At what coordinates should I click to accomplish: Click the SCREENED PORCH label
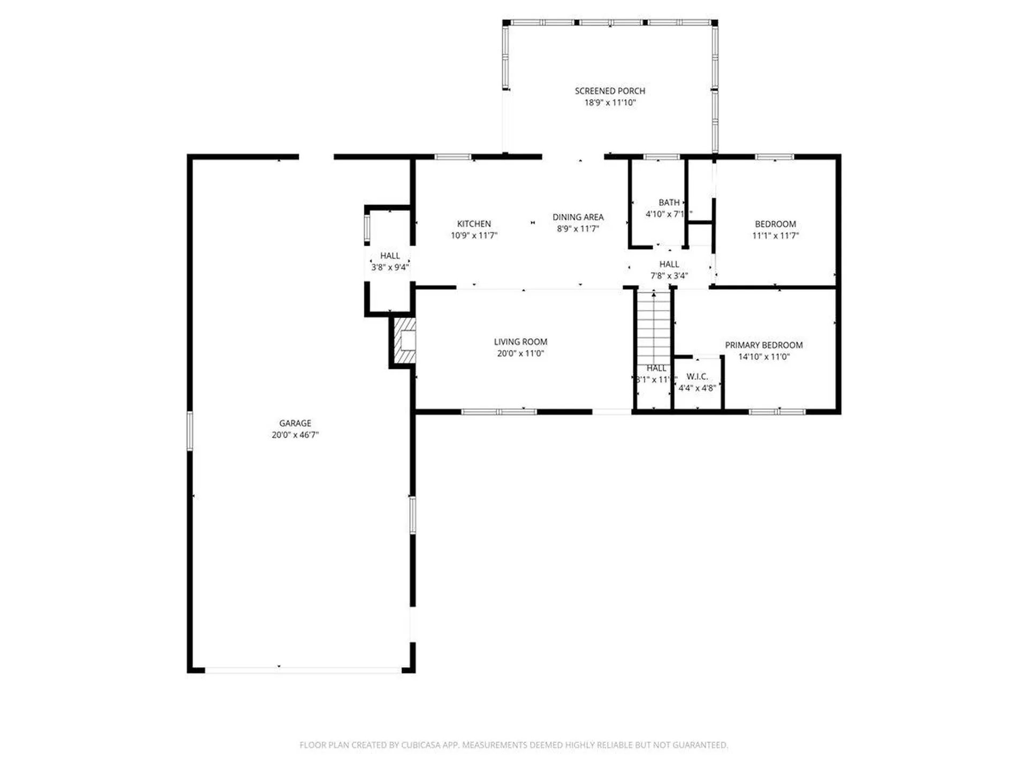pos(610,91)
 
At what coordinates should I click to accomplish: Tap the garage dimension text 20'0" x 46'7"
pos(295,435)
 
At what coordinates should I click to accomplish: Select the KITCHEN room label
pos(474,224)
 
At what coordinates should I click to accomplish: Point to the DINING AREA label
pos(578,217)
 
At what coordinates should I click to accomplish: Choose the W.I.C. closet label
pos(697,376)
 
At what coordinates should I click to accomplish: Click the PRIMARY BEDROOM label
pos(764,345)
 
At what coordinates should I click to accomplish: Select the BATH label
pos(669,202)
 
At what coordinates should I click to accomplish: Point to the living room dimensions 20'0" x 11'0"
pos(520,353)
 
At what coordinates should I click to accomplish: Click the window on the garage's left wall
pos(190,430)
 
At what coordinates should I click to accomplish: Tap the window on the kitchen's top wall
pos(452,157)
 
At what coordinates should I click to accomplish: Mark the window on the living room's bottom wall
pos(498,412)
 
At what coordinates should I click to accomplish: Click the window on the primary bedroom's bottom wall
pos(777,412)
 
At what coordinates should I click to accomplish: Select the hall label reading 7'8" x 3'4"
pos(669,276)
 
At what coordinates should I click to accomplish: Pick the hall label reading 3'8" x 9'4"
pos(390,267)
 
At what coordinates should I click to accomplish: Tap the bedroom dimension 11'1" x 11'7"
pos(775,236)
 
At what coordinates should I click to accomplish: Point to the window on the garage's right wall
pos(412,515)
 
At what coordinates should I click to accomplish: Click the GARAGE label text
pos(295,423)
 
